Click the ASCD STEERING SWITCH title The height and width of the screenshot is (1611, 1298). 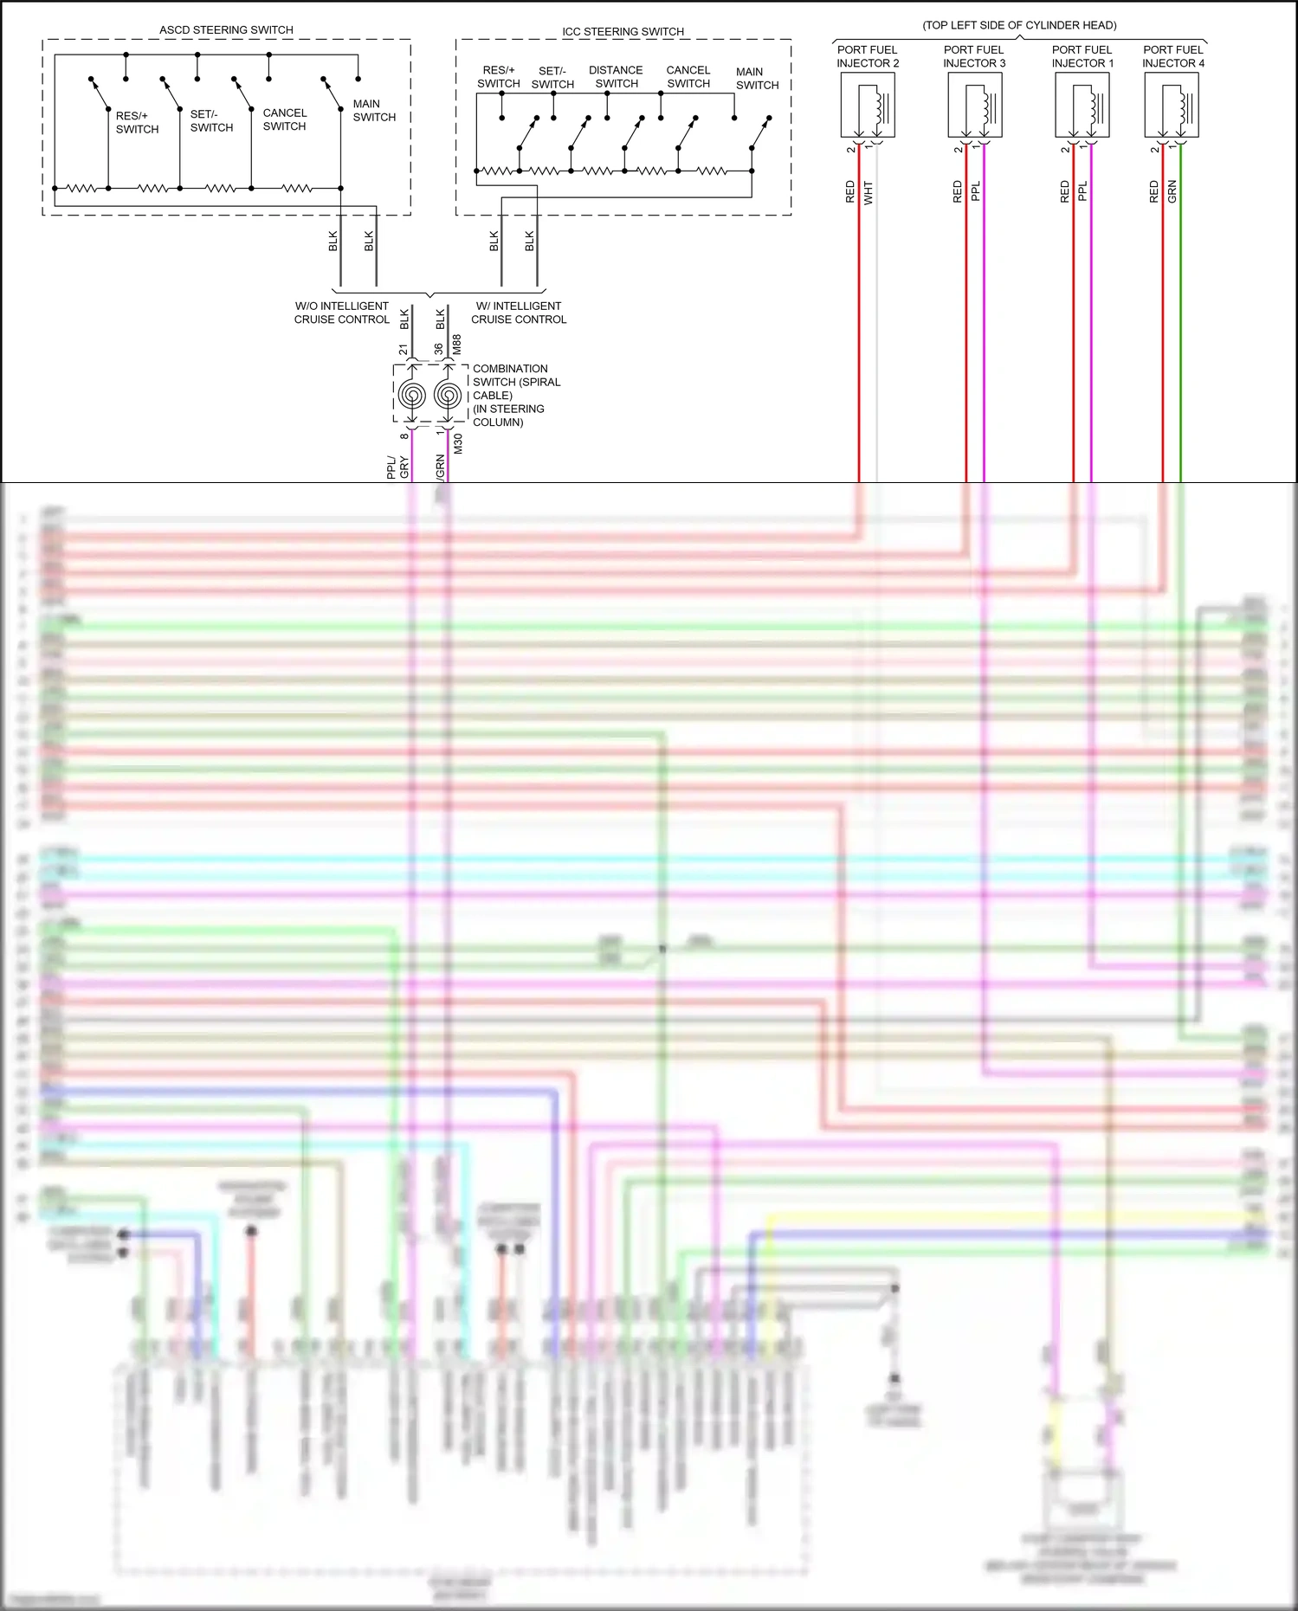[226, 30]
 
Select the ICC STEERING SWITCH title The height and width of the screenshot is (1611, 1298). [623, 32]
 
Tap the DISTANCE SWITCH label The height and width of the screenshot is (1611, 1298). [616, 77]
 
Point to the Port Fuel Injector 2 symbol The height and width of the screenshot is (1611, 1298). [868, 106]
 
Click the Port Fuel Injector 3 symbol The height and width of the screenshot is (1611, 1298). [975, 106]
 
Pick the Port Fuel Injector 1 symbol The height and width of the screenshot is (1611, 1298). [1082, 106]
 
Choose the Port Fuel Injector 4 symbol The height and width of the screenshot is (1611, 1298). [1172, 106]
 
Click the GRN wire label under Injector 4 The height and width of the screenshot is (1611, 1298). [1172, 192]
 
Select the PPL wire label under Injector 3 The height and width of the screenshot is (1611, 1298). [976, 191]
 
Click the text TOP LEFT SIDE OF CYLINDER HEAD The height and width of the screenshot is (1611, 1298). [1019, 25]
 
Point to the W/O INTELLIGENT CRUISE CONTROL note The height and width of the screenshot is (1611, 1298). [342, 313]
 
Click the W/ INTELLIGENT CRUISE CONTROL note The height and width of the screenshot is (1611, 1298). [519, 313]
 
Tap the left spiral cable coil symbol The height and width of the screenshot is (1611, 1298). [412, 396]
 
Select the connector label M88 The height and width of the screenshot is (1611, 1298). [457, 345]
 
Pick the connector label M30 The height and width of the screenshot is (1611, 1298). [458, 444]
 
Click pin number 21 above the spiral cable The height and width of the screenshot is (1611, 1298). [404, 350]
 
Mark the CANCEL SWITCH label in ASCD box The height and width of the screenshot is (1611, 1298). [285, 119]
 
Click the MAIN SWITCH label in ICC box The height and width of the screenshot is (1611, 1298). [757, 79]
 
